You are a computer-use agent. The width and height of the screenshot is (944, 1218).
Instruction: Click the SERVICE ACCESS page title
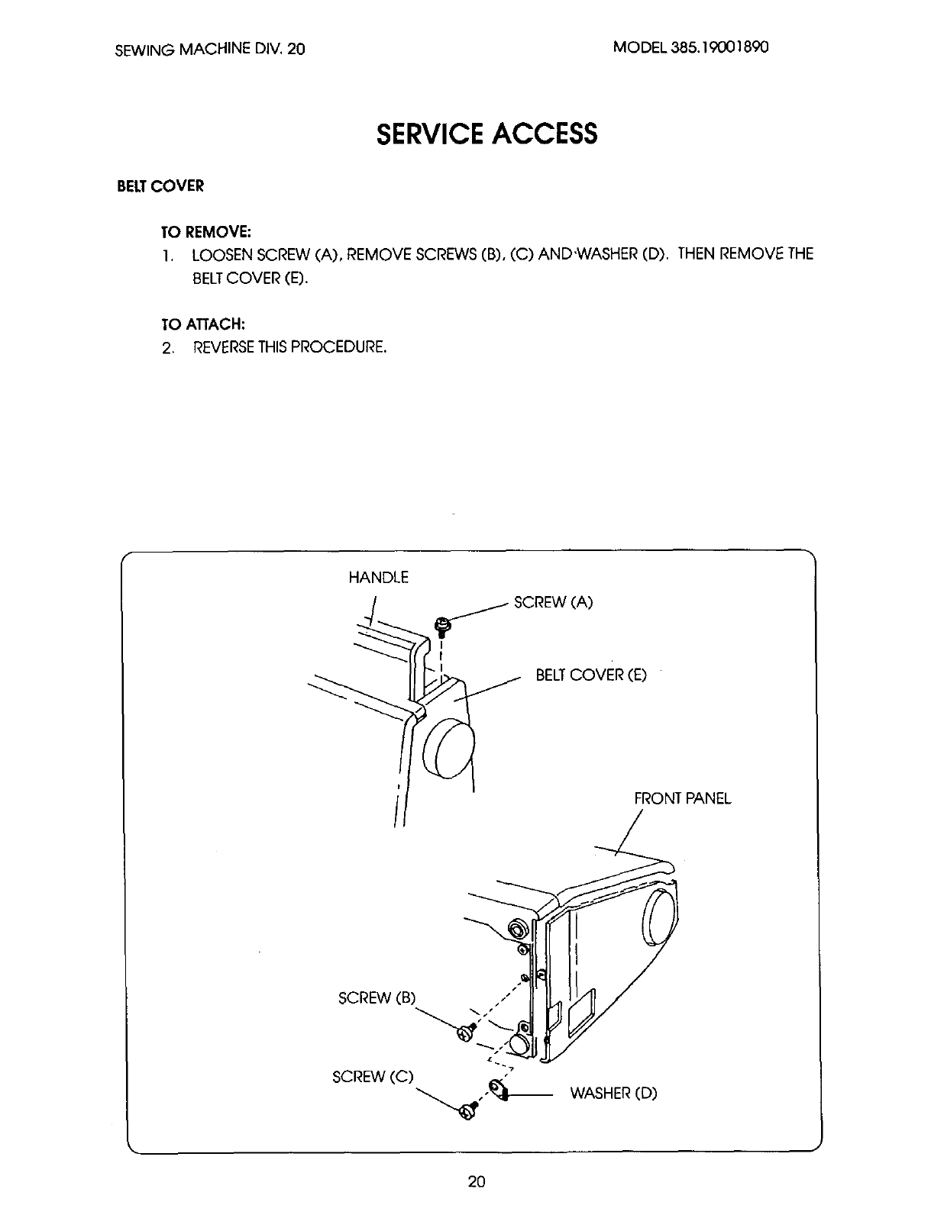pyautogui.click(x=487, y=134)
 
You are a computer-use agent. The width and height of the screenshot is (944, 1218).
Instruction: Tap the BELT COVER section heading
pyautogui.click(x=160, y=186)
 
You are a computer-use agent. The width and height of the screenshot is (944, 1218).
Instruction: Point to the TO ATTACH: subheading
pyautogui.click(x=202, y=324)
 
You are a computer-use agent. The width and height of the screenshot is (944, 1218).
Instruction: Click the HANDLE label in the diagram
pyautogui.click(x=378, y=578)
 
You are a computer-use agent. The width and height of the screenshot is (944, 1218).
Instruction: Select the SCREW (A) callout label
pyautogui.click(x=553, y=602)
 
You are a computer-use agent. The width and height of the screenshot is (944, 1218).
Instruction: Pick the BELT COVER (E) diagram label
pyautogui.click(x=590, y=675)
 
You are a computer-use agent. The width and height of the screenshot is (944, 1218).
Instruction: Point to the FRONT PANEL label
pyautogui.click(x=682, y=798)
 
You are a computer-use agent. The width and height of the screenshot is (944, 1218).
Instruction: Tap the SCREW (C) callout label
pyautogui.click(x=373, y=1077)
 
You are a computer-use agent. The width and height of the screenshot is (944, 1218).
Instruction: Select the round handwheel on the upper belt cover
pyautogui.click(x=449, y=747)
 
